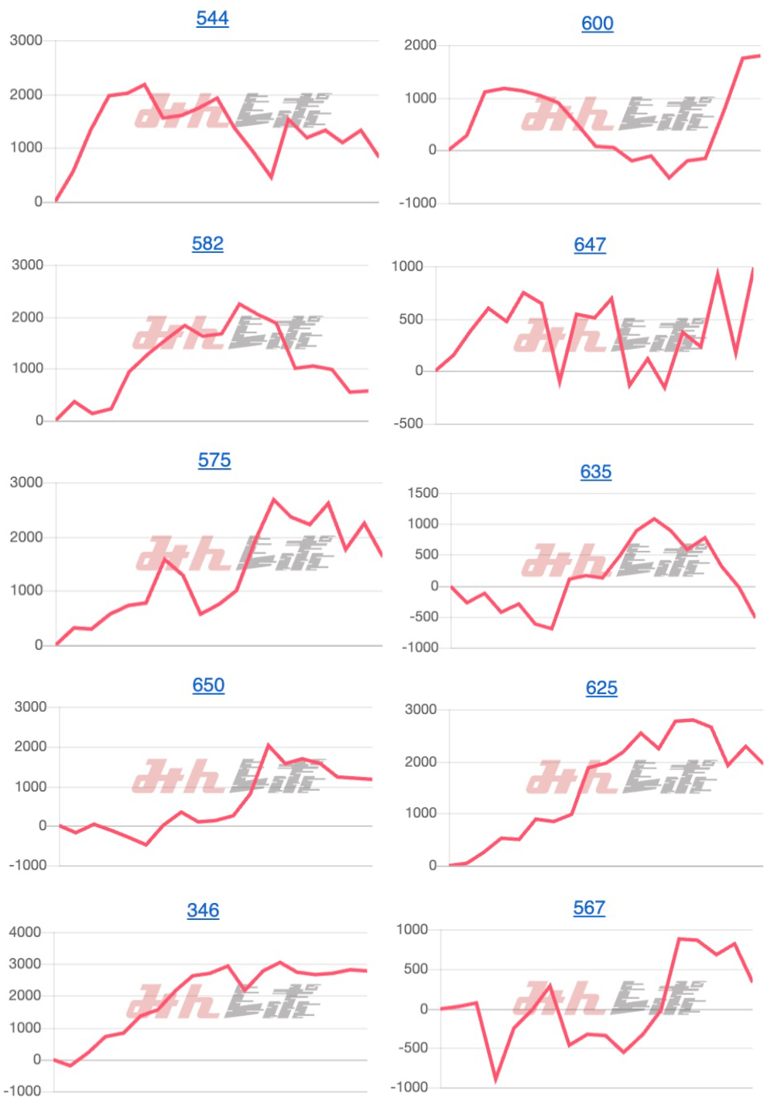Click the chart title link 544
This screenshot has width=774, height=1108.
point(212,18)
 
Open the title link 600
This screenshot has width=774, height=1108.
point(598,23)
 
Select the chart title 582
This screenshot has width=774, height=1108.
point(207,244)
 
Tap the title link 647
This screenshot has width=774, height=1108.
point(590,245)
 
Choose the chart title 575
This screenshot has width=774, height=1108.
point(214,460)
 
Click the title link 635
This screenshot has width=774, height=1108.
point(596,472)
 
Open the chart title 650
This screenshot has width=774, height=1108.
point(208,686)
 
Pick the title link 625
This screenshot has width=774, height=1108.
point(601,688)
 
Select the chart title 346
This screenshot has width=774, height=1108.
point(203,911)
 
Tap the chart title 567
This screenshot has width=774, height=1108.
point(589,908)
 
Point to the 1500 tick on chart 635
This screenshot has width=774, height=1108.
point(423,494)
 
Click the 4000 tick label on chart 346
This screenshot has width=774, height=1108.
point(25,932)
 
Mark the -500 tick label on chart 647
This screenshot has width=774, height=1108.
point(408,424)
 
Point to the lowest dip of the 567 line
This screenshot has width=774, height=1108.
point(495,1079)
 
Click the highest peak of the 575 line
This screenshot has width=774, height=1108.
point(273,500)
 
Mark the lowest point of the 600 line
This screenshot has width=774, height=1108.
point(670,178)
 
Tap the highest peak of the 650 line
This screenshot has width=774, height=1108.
point(269,745)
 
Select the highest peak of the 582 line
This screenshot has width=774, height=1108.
point(240,304)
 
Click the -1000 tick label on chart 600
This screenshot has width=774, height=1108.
point(418,203)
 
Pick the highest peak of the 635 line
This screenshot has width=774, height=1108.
point(654,519)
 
